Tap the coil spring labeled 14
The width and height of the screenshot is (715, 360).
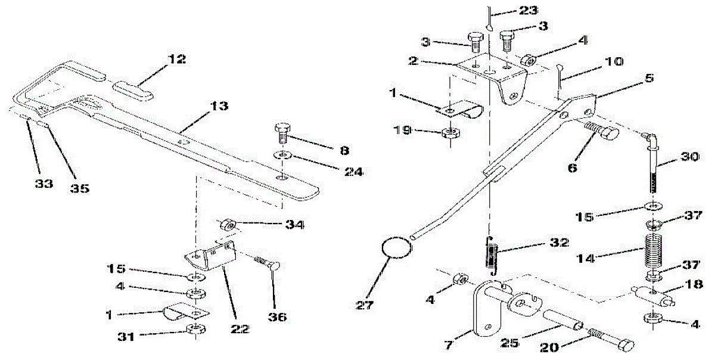[654, 250]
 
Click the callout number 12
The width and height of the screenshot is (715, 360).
[176, 60]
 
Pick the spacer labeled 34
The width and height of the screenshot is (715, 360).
[229, 225]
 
